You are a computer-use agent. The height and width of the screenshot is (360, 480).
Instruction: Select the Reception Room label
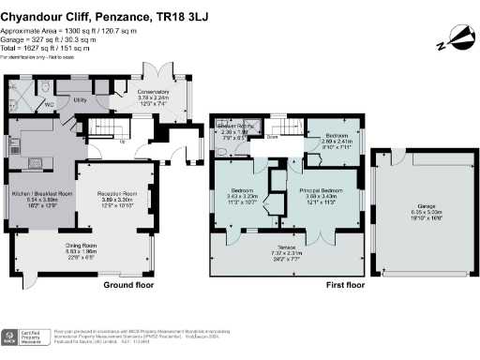pyautogui.click(x=117, y=193)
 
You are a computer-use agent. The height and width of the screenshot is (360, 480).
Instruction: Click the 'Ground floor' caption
pyautogui.click(x=127, y=284)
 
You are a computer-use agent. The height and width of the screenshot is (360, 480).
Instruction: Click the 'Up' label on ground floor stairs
pyautogui.click(x=123, y=142)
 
